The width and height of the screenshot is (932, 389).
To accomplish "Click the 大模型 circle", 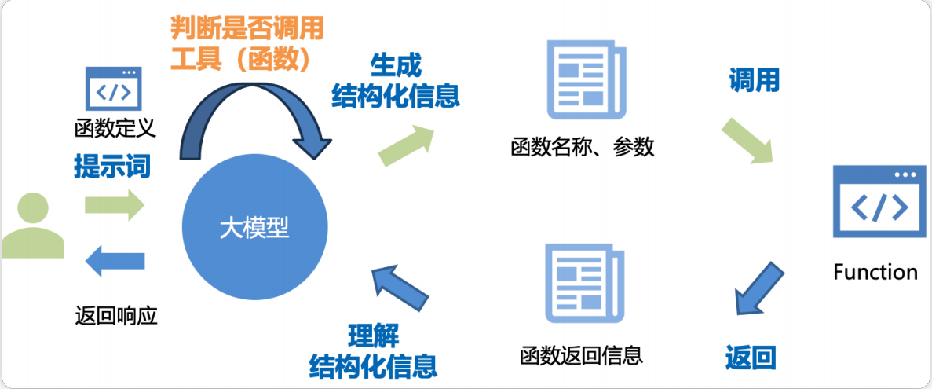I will [254, 228].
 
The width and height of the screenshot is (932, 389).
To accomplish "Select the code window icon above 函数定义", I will [113, 89].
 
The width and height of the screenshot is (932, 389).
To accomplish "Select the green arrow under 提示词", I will [115, 205].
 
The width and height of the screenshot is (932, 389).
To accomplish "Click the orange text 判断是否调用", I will [247, 30].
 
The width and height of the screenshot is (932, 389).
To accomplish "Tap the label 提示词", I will [112, 167].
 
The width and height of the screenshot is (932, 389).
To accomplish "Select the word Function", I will [875, 273].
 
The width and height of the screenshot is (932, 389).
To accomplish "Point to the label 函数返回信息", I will [582, 355].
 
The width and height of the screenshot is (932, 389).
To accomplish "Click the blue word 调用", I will [754, 80].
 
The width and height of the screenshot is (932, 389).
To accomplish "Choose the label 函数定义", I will [115, 127].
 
